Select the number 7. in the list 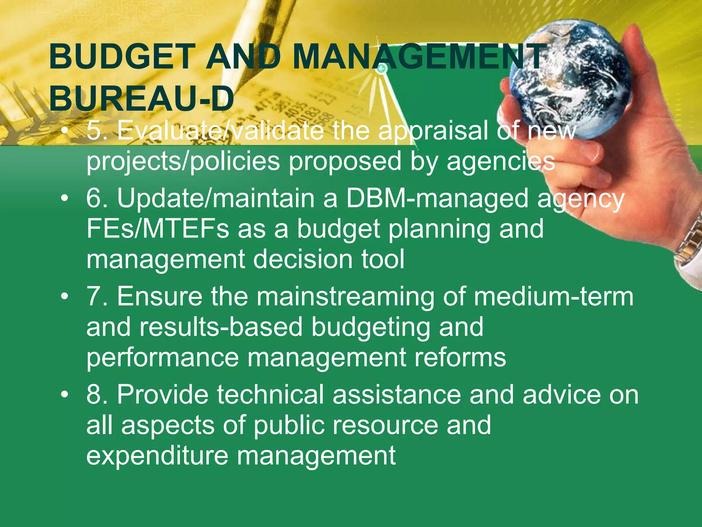97,296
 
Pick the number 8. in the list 97,395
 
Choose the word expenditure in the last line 157,456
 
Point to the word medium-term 554,296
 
